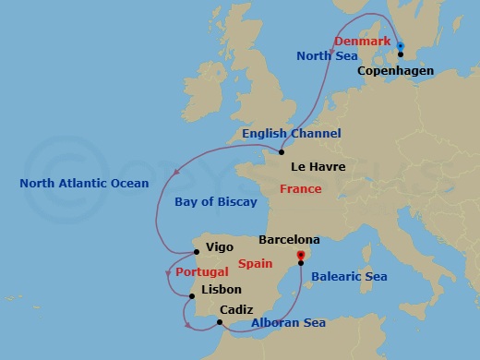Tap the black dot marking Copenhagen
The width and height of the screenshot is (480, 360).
tap(400, 54)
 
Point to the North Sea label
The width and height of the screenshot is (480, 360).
tap(327, 56)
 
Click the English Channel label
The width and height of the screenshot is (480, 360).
tap(292, 134)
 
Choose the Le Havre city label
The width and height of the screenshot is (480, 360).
tap(318, 167)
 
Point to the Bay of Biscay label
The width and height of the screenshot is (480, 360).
tap(215, 201)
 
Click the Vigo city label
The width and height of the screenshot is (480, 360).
tap(220, 247)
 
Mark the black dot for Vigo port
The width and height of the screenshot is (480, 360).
tap(195, 249)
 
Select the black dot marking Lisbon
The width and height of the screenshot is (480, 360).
tap(191, 296)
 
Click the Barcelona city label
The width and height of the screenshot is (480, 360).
tap(289, 239)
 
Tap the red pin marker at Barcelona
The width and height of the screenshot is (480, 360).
tap(300, 256)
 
